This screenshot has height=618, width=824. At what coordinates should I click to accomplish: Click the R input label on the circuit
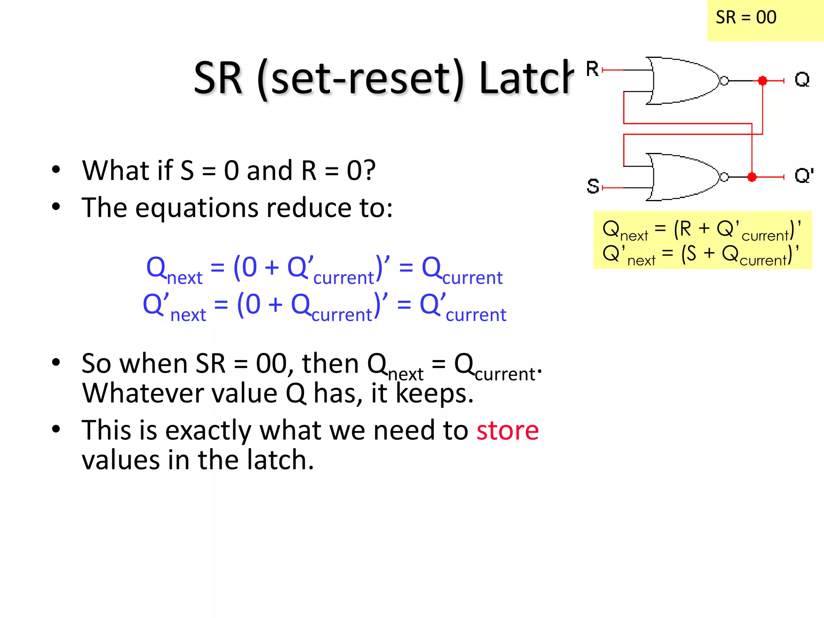pyautogui.click(x=592, y=69)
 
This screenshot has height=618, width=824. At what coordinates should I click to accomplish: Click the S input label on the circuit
pyautogui.click(x=593, y=186)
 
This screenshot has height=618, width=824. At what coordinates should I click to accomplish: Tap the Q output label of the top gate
pyautogui.click(x=802, y=80)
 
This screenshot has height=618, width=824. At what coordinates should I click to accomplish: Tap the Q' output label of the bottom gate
pyautogui.click(x=803, y=176)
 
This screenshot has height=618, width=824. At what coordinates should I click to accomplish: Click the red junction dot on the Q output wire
pyautogui.click(x=762, y=81)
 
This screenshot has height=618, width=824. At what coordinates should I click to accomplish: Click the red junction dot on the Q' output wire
pyautogui.click(x=752, y=177)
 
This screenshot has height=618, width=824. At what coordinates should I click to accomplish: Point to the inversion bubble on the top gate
pyautogui.click(x=724, y=81)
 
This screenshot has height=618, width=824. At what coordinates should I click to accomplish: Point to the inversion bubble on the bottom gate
pyautogui.click(x=724, y=177)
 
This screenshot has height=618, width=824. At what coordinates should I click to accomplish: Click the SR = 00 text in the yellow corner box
pyautogui.click(x=746, y=18)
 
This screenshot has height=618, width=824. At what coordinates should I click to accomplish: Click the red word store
pyautogui.click(x=507, y=431)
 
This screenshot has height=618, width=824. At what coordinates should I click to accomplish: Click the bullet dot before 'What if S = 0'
pyautogui.click(x=56, y=169)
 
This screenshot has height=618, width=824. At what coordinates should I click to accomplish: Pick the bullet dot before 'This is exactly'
pyautogui.click(x=56, y=429)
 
